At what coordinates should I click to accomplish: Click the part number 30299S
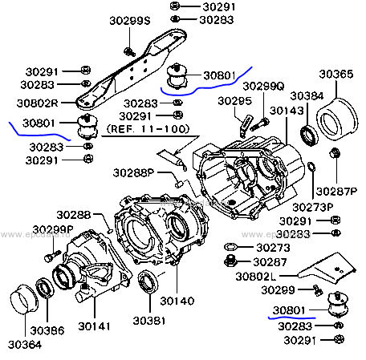pyautogui.click(x=130, y=21)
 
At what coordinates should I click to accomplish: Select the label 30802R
pyautogui.click(x=37, y=103)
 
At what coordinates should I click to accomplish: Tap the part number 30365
pyautogui.click(x=336, y=74)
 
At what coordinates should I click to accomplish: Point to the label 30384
pyautogui.click(x=307, y=95)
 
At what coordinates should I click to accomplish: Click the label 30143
pyautogui.click(x=287, y=111)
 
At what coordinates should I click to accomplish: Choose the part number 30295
pyautogui.click(x=234, y=101)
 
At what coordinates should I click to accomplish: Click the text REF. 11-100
pyautogui.click(x=148, y=129)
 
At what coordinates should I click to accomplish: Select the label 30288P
pyautogui.click(x=134, y=172)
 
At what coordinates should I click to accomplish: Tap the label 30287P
pyautogui.click(x=336, y=191)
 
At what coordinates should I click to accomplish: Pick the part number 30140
pyautogui.click(x=177, y=301)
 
